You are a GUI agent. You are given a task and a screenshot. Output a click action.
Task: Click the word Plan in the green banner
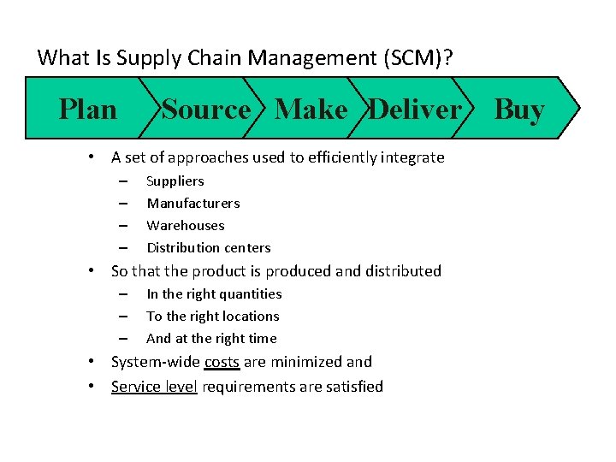87,110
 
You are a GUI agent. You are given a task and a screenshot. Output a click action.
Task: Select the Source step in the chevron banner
206,110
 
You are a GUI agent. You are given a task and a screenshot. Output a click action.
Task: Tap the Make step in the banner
311,110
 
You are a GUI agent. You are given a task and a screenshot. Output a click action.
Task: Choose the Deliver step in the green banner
415,110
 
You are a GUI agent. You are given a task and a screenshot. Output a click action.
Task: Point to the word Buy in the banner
519,110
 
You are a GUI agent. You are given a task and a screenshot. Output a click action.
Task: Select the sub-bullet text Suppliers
175,181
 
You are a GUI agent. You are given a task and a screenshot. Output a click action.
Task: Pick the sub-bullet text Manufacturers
193,203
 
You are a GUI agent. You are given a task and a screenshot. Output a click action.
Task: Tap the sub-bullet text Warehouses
186,225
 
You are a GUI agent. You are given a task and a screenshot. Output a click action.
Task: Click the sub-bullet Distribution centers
209,247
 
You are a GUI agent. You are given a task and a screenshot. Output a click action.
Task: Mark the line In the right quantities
214,293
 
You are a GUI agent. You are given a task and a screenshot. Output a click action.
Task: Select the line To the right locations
213,316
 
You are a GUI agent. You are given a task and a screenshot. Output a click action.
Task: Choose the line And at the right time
211,338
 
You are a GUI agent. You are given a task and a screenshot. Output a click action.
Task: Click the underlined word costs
222,362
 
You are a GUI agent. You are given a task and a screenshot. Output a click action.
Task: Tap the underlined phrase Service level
154,386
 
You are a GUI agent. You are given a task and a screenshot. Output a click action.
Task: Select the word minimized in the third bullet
305,362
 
